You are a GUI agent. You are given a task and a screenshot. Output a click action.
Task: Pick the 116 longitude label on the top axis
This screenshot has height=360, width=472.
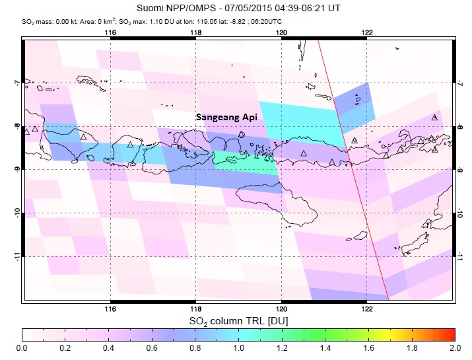(110, 32)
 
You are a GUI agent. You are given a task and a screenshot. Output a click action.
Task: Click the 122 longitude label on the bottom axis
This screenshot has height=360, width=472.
(367, 308)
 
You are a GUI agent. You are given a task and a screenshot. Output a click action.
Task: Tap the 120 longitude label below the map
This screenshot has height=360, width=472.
(281, 308)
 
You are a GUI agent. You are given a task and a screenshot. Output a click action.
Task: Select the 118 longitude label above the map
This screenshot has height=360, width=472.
(196, 32)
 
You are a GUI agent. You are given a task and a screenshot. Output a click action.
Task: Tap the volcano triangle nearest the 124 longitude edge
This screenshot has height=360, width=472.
(434, 117)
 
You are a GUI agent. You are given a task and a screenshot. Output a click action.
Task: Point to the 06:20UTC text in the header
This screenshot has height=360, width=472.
(320, 20)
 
